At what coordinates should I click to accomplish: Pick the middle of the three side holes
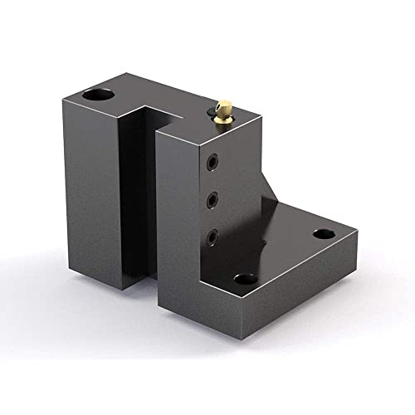tap(214, 198)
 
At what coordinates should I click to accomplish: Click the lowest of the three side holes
tap(215, 237)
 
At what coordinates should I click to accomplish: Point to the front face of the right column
tap(177, 224)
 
